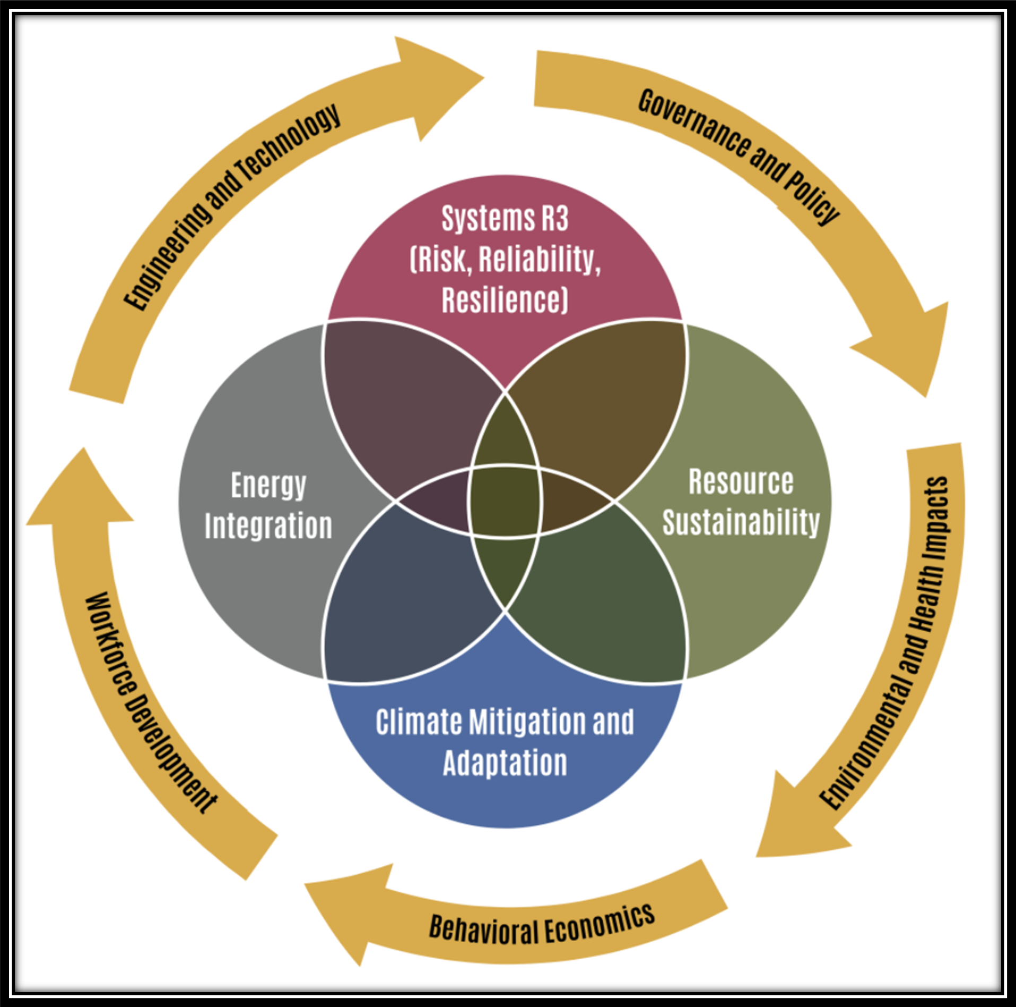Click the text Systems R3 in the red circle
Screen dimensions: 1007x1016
pos(505,218)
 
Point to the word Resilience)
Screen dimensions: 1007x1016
pos(505,300)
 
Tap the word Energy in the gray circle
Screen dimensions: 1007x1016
pos(268,486)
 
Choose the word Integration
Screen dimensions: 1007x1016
pos(268,526)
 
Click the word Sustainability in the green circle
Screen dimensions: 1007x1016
pos(741,522)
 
